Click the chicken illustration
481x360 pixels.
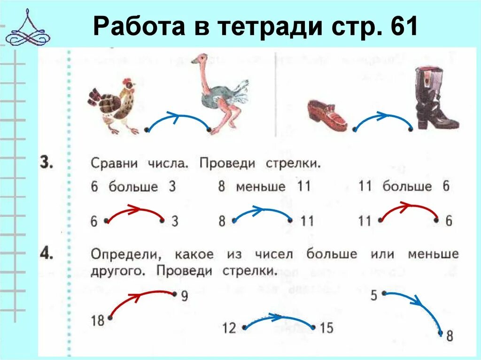(x=114, y=104)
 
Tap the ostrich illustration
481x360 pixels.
(x=221, y=96)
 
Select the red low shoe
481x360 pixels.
(x=327, y=115)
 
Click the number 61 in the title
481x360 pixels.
(x=403, y=27)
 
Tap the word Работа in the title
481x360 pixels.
(x=139, y=27)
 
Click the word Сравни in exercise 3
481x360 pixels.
(x=114, y=164)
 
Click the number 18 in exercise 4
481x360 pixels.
(x=97, y=322)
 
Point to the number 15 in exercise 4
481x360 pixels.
(x=326, y=328)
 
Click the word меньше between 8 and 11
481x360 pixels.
(x=260, y=186)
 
